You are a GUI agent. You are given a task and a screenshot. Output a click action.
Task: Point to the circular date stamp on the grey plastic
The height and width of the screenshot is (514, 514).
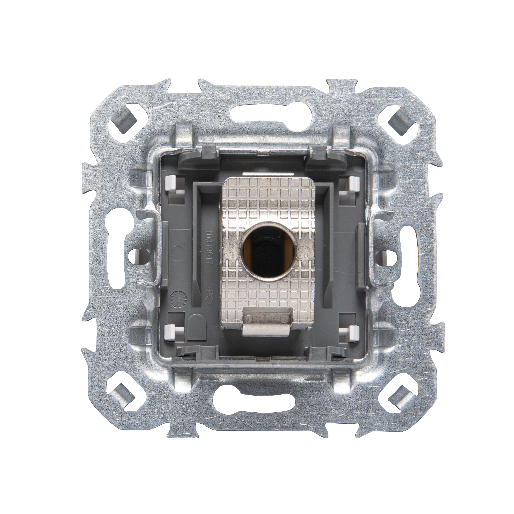(176, 298)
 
